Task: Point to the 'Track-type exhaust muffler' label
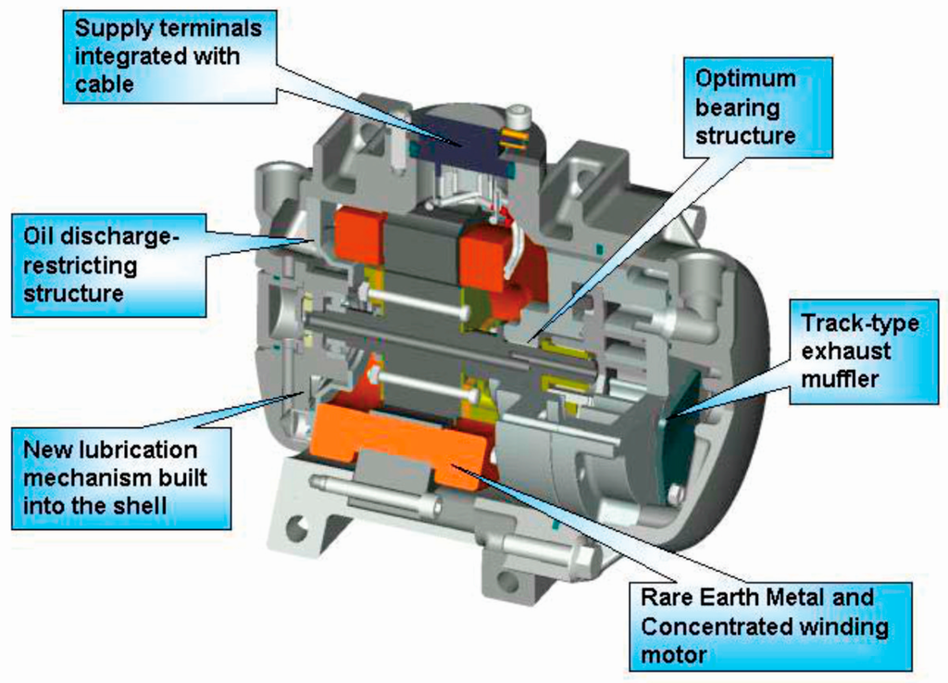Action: click(858, 351)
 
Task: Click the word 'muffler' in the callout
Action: click(839, 378)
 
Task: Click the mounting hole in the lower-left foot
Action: click(297, 530)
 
